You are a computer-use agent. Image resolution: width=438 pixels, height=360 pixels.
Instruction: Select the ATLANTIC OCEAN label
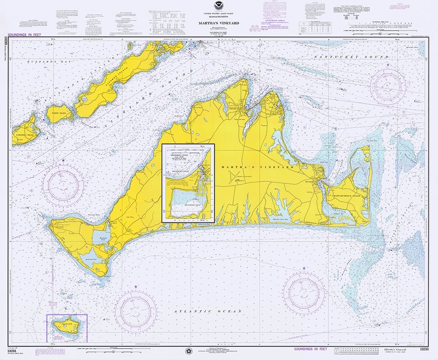tap(208, 311)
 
